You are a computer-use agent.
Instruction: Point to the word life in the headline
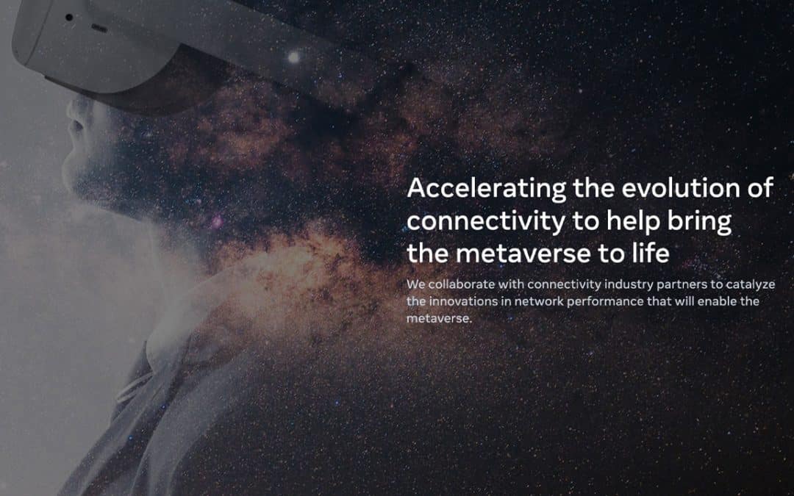[649, 254]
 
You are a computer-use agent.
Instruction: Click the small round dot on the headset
[69, 17]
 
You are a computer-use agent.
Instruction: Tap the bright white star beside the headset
[293, 57]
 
